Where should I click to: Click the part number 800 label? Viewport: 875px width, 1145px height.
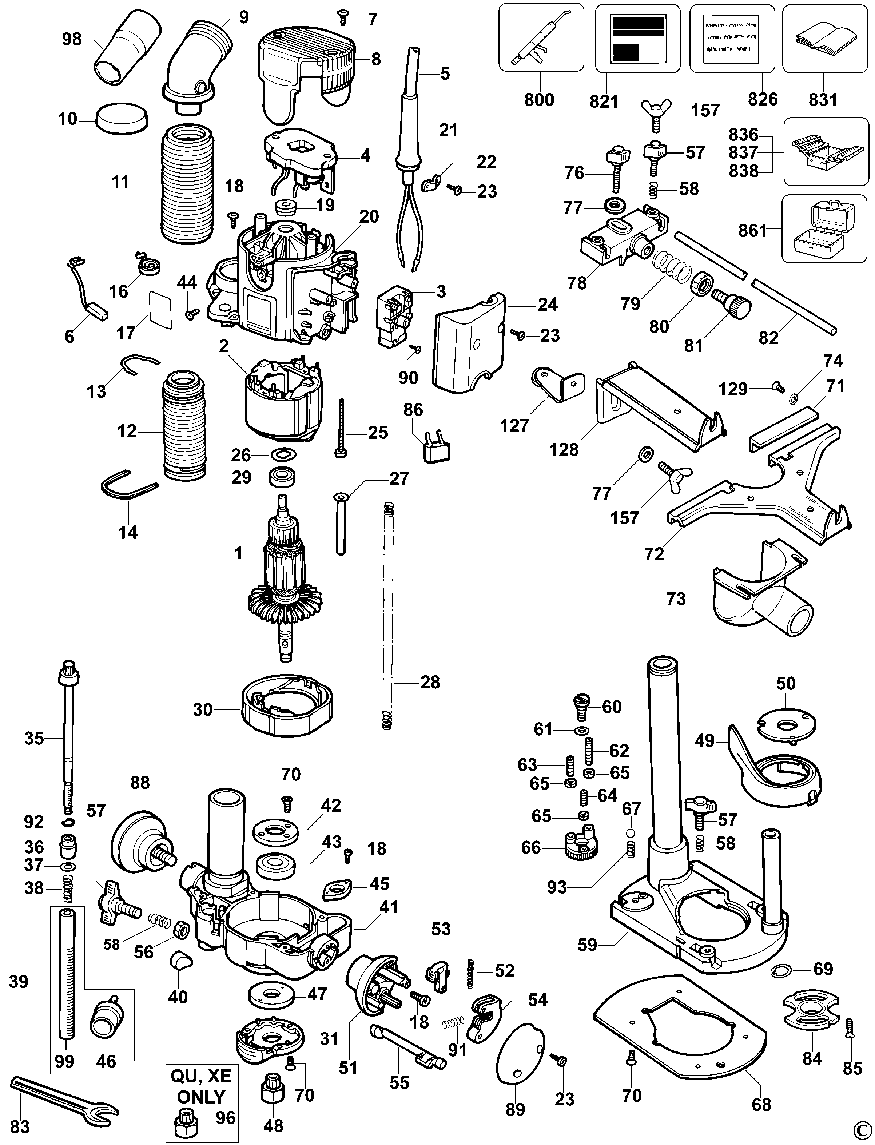tap(539, 99)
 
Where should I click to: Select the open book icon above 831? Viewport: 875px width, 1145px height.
tap(822, 41)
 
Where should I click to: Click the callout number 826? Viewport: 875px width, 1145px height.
tap(763, 99)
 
